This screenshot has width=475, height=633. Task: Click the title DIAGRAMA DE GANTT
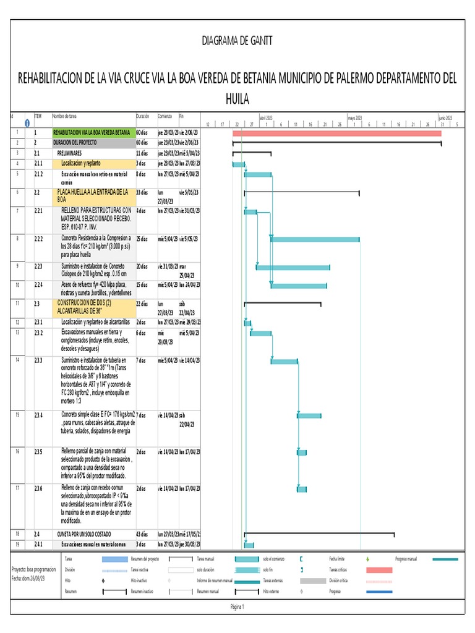coord(237,41)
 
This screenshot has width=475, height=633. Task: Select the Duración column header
coord(142,116)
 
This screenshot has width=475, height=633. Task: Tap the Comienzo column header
coord(165,116)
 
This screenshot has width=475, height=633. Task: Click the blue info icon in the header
coord(27,123)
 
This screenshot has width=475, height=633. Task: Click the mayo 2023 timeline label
coord(355,117)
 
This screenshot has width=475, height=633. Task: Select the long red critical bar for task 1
coord(337,133)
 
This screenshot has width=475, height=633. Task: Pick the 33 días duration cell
coord(142,192)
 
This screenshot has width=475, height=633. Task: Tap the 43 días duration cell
coord(143,533)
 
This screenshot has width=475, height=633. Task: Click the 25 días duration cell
coord(142,238)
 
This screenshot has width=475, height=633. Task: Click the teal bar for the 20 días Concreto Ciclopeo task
coord(293,267)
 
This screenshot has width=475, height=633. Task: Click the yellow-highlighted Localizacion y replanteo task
coord(83,163)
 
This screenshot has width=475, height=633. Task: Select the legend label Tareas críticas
coord(341,569)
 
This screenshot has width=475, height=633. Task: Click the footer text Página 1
coord(237,607)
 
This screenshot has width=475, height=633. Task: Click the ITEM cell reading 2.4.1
coord(39,545)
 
